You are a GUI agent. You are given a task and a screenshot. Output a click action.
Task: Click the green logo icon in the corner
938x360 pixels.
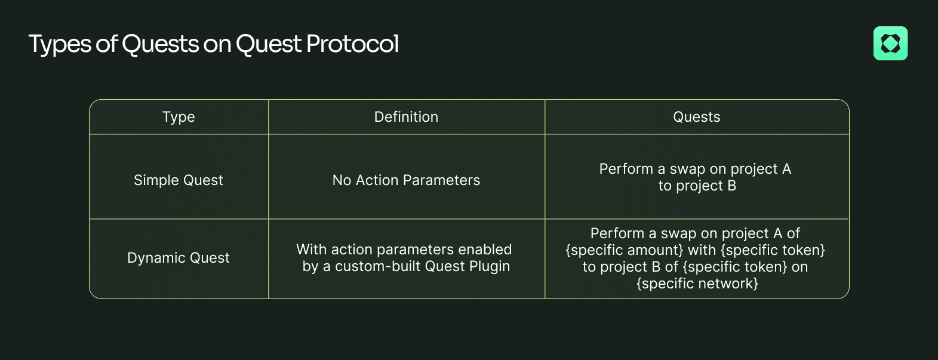click(x=890, y=44)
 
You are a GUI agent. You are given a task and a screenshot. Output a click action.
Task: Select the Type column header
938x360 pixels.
click(x=179, y=117)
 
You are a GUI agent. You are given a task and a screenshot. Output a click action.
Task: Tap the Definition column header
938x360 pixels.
click(x=406, y=117)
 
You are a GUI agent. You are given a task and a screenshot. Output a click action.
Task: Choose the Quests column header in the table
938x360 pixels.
click(x=696, y=117)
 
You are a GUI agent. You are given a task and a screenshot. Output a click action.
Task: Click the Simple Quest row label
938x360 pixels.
click(x=179, y=180)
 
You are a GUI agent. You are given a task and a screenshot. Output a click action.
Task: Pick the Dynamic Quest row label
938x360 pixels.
click(x=179, y=258)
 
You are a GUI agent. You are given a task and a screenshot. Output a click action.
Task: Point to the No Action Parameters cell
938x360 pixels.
click(x=406, y=180)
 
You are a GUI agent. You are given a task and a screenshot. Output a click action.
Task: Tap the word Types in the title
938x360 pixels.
click(x=60, y=44)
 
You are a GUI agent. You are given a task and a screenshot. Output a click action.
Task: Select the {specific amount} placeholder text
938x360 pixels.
click(x=625, y=250)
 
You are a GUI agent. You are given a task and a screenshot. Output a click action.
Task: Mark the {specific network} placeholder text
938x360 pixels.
click(x=697, y=284)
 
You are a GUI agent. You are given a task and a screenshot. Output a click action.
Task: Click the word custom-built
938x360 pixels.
click(x=378, y=266)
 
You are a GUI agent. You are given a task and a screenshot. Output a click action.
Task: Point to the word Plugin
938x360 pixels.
click(x=490, y=267)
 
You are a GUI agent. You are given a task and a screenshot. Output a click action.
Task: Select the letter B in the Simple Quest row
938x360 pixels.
click(x=731, y=186)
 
